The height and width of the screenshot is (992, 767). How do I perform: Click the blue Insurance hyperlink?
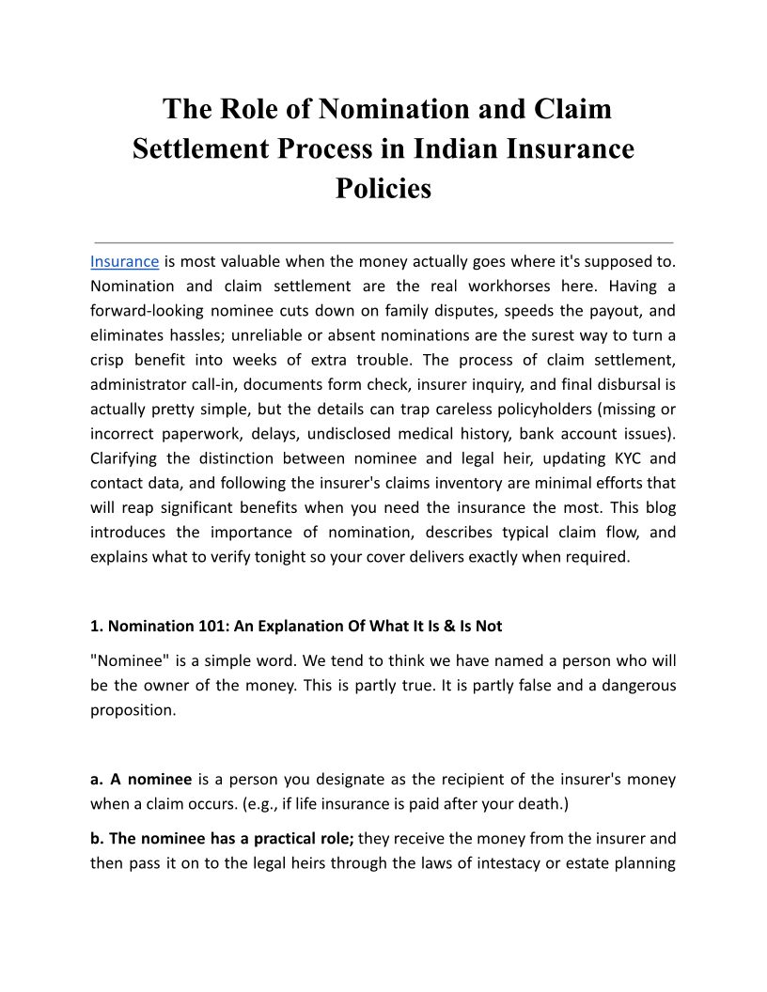(x=124, y=261)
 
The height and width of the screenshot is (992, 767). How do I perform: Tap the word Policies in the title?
(x=383, y=188)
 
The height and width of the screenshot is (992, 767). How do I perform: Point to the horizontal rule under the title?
(x=383, y=242)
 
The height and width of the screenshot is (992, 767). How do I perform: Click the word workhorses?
(x=526, y=286)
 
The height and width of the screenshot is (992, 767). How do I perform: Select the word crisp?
(x=109, y=360)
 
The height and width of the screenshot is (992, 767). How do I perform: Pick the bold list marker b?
(x=97, y=839)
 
